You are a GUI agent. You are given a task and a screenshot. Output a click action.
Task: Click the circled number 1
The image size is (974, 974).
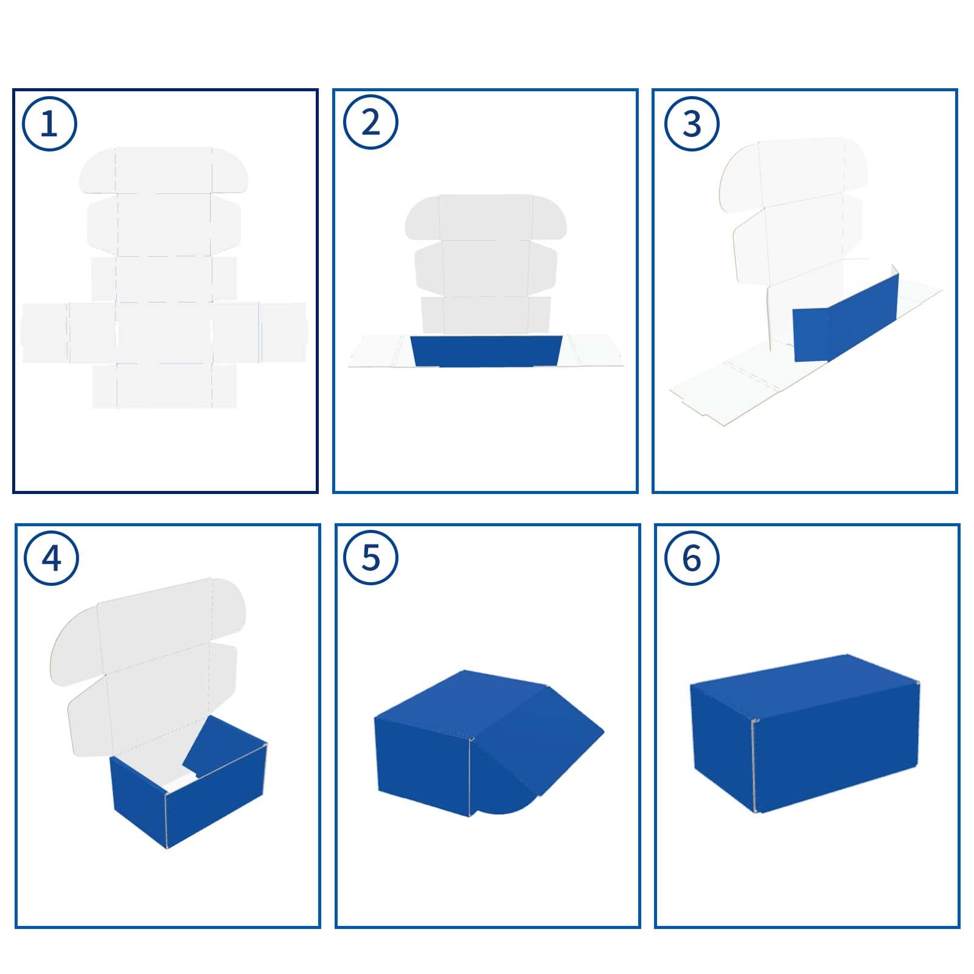49,123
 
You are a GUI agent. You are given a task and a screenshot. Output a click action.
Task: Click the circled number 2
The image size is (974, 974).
370,122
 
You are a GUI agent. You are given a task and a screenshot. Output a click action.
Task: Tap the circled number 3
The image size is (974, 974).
692,123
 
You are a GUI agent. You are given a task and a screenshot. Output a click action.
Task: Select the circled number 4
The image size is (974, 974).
51,558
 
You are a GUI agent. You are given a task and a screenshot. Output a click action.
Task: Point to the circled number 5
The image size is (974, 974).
370,558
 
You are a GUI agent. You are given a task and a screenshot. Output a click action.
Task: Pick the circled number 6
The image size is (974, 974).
692,558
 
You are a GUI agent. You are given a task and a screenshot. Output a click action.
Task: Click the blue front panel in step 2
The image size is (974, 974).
486,351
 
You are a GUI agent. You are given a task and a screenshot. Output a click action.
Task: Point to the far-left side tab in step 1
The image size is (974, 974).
44,333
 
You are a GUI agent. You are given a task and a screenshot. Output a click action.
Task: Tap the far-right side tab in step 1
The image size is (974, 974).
283,333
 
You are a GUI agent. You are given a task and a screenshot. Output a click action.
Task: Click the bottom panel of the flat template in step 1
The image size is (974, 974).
164,386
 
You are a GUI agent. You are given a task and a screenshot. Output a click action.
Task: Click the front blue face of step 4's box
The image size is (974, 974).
216,797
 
